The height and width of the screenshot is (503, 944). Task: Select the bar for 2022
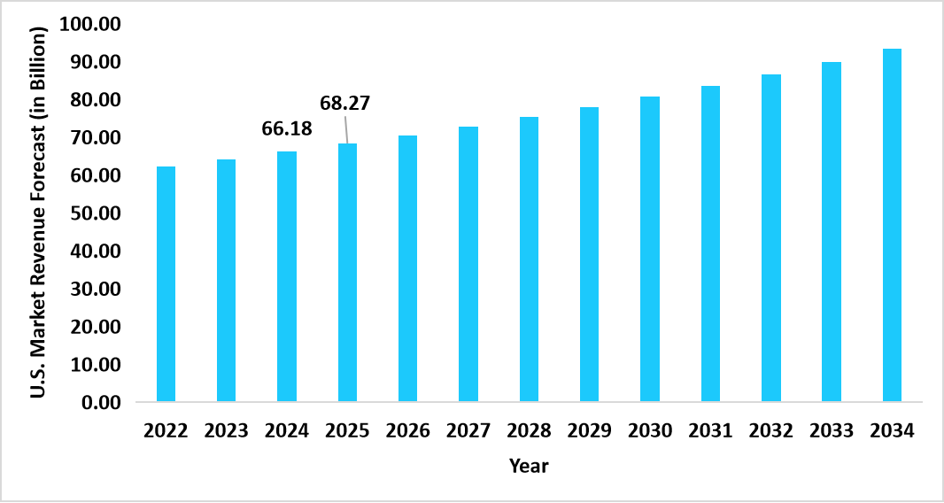click(166, 284)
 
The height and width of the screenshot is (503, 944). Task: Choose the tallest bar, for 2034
click(892, 225)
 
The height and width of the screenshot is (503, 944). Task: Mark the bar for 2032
click(771, 238)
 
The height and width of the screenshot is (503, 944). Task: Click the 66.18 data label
click(287, 128)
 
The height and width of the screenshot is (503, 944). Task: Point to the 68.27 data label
click(344, 104)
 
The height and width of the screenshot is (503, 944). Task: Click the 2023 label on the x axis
click(227, 431)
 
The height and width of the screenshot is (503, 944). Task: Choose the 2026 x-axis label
click(407, 431)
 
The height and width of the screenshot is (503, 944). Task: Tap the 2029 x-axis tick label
click(589, 431)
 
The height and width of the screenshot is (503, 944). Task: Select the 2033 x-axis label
click(831, 431)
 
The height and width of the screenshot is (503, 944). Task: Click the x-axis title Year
click(529, 466)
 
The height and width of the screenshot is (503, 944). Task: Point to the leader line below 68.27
click(345, 128)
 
